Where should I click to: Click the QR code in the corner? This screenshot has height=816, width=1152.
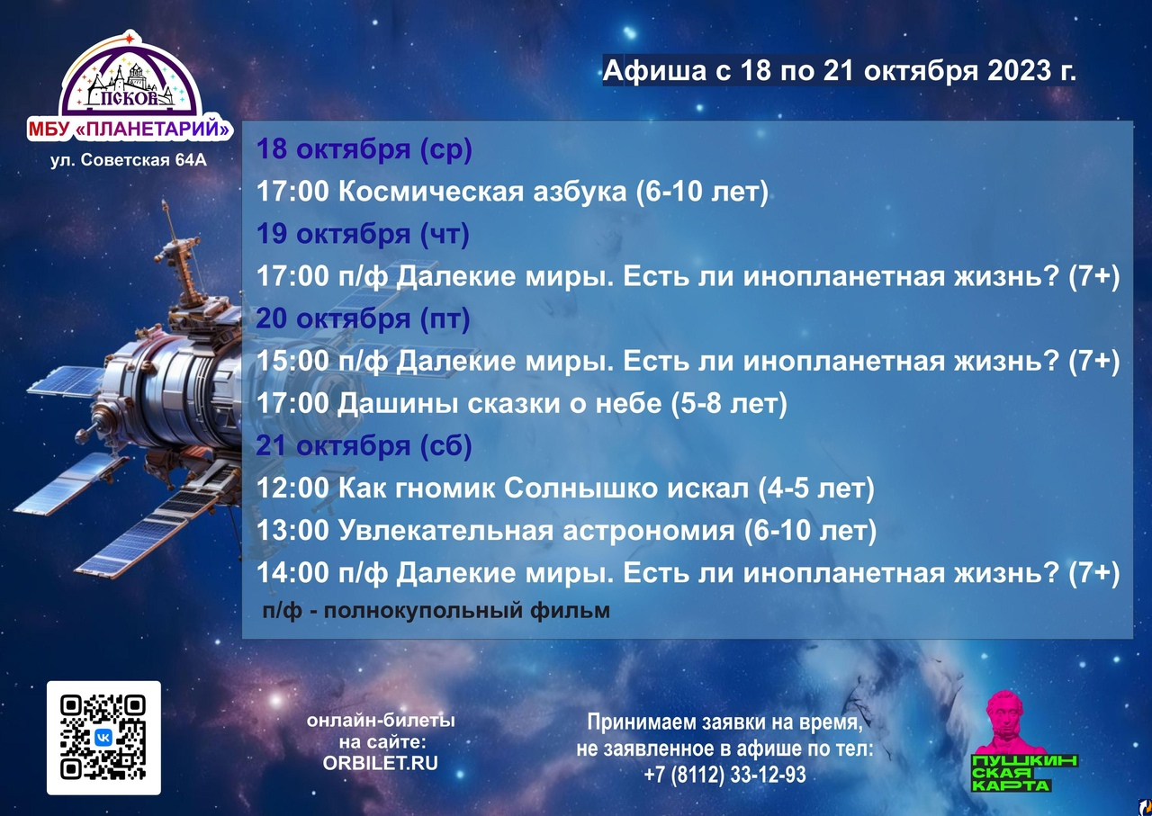pos(103,738)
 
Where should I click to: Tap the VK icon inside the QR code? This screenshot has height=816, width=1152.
pos(103,738)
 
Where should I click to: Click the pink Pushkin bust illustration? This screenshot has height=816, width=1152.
pos(1010,722)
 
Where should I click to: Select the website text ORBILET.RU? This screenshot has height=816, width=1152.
pos(380,763)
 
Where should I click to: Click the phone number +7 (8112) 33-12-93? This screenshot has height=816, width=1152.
pos(724,775)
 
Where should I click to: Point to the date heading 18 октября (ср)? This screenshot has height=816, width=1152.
pos(364,149)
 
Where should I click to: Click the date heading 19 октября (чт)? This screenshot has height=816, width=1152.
pos(363,234)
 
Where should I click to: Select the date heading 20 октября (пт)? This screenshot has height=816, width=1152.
pos(363,318)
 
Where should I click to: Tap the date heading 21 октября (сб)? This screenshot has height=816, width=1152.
pos(364,445)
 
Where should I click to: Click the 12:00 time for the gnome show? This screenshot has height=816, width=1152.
pos(292,488)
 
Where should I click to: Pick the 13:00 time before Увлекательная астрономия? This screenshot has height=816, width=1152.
pos(292,530)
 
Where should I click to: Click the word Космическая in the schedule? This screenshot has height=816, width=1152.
pos(482,192)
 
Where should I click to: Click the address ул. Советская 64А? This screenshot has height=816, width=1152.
pos(129,160)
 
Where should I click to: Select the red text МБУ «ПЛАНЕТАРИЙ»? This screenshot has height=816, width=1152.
pos(129,129)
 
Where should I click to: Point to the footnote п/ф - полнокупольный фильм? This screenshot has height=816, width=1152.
pos(436,611)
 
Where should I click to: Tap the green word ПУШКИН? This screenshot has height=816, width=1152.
pos(1024,761)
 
